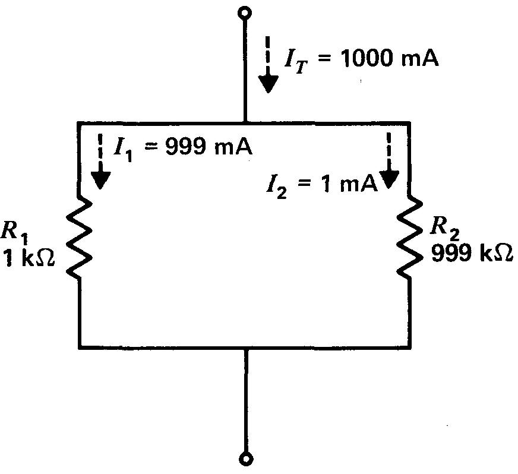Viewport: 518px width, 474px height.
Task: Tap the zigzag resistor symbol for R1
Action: click(x=80, y=238)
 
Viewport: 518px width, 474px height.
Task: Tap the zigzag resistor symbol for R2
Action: click(x=409, y=238)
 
